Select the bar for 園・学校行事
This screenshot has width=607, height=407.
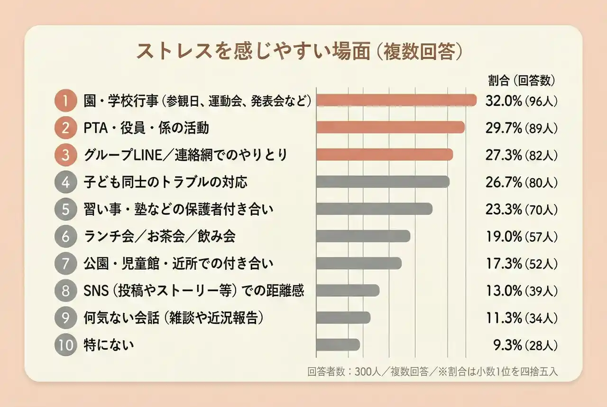[396, 101]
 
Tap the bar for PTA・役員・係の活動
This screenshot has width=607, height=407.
[390, 128]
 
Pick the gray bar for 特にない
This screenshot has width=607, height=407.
[338, 345]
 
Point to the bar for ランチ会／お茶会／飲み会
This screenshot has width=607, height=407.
[363, 236]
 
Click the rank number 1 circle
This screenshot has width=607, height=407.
[65, 101]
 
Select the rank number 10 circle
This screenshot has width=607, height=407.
[65, 345]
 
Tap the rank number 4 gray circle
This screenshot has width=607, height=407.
[65, 182]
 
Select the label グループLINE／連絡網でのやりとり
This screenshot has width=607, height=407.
[185, 155]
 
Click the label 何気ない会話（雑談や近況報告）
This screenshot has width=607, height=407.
[173, 317]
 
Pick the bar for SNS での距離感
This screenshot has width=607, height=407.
[348, 290]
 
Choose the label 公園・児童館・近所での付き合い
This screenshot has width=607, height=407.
[178, 263]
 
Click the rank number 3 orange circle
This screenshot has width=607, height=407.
[65, 155]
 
